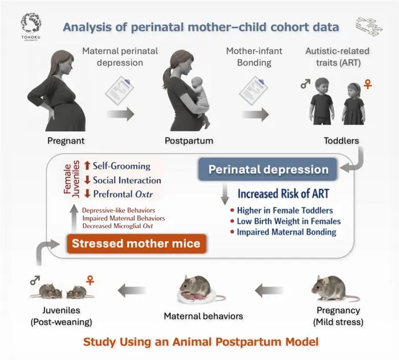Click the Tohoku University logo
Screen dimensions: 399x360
point(31,26)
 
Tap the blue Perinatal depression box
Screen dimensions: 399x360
point(268,169)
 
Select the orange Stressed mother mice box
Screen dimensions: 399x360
point(136,243)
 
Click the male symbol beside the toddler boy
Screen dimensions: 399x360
point(306,83)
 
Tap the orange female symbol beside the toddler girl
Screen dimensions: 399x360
point(368,84)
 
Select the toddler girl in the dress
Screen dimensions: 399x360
point(354,104)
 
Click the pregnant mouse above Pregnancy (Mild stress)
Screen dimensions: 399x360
point(335,288)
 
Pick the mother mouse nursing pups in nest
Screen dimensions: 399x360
point(201,290)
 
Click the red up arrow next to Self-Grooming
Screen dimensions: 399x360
point(87,165)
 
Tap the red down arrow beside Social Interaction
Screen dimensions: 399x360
point(87,180)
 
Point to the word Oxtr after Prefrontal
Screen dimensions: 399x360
point(144,195)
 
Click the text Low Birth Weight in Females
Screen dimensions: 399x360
point(289,221)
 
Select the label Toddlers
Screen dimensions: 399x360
point(341,141)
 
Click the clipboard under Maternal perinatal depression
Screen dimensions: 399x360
point(120,91)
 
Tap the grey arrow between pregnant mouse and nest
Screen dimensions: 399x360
point(269,290)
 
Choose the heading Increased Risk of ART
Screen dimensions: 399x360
point(283,193)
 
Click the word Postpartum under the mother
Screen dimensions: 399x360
point(189,141)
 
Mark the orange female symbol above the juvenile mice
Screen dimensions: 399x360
point(90,280)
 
